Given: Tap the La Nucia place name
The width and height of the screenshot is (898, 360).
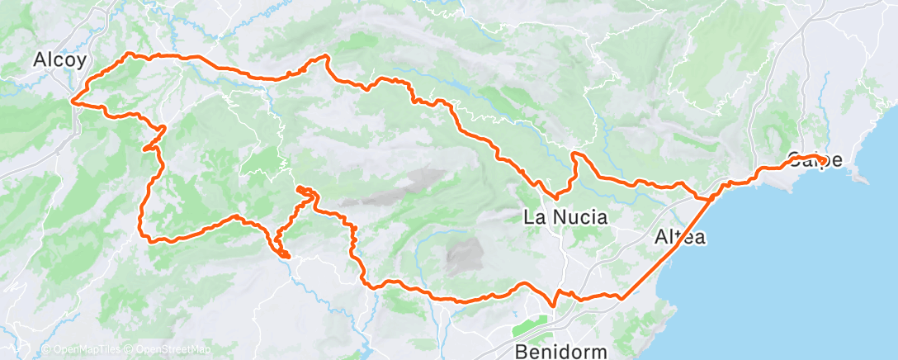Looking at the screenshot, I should coord(566,218).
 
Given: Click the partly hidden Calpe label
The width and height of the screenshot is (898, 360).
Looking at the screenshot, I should coord(815,160).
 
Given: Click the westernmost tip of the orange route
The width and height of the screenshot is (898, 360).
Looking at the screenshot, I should coord(73,102).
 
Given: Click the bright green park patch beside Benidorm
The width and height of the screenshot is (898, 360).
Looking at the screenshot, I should coord(536,324).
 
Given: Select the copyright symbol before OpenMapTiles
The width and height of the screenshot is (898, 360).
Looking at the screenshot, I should coord(45,350).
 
